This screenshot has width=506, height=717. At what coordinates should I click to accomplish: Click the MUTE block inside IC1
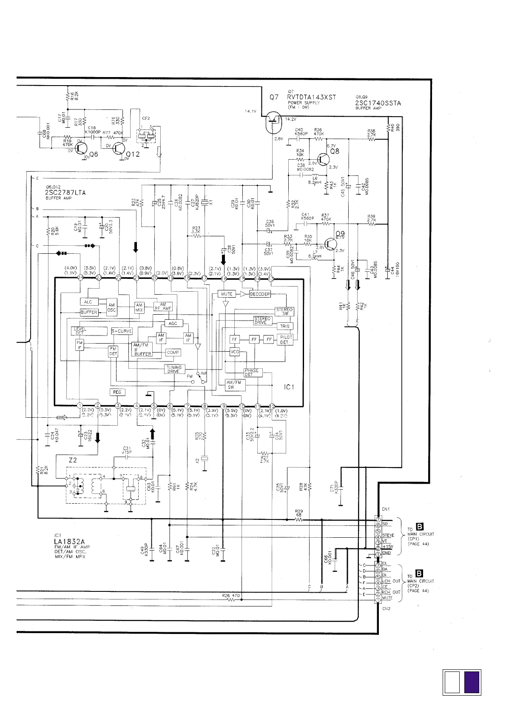pos(227,294)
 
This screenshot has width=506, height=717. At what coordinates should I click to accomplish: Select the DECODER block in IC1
pos(259,294)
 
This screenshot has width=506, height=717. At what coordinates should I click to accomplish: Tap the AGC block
pos(173,323)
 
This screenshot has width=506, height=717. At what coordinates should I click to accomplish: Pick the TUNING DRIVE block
pos(174,369)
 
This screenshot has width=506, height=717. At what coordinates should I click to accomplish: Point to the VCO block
pos(235,352)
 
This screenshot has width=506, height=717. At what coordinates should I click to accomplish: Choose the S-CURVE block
pos(122,331)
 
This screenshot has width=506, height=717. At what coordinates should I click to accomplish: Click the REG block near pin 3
pos(117,392)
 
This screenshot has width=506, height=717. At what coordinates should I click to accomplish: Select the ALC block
pos(88,302)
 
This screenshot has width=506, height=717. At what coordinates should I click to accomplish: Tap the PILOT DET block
pos(285,339)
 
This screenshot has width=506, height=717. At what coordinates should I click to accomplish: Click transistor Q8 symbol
pos(324,159)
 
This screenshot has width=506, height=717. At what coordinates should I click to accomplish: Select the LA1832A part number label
pos(67,542)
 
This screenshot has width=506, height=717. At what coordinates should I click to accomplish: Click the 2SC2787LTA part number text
pos(65,192)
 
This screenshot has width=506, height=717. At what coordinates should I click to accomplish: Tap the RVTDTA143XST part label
pos(311,97)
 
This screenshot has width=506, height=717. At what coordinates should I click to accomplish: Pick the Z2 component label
pos(73,460)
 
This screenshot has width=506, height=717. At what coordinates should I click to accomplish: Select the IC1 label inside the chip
pos(289,387)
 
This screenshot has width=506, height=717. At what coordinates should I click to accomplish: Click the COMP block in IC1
pos(173,353)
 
